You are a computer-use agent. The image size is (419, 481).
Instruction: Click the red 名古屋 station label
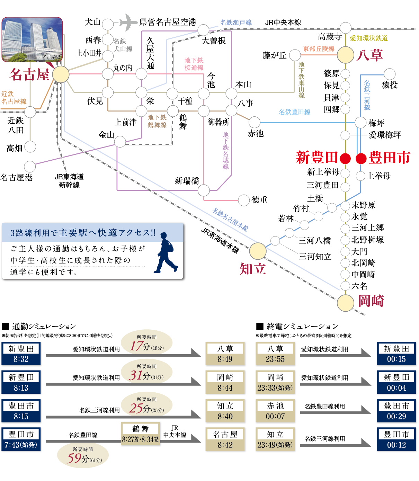pyautogui.click(x=29, y=74)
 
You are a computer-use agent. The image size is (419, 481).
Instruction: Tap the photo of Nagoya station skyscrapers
pyautogui.click(x=32, y=40)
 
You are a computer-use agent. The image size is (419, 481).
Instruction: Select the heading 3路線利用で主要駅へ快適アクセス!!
pyautogui.click(x=83, y=233)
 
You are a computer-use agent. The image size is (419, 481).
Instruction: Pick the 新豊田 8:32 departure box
pyautogui.click(x=21, y=354)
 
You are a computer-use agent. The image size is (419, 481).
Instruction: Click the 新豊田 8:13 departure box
pyautogui.click(x=21, y=382)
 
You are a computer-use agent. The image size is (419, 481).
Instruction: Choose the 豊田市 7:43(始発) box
pyautogui.click(x=21, y=439)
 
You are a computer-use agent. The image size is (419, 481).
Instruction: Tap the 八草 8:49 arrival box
pyautogui.click(x=225, y=354)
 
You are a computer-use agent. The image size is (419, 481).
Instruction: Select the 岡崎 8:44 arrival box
pyautogui.click(x=225, y=382)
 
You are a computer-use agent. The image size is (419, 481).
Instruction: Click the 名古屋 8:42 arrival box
pyautogui.click(x=225, y=439)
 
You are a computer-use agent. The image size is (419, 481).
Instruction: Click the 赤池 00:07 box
pyautogui.click(x=275, y=411)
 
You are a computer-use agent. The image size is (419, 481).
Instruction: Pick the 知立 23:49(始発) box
pyautogui.click(x=275, y=439)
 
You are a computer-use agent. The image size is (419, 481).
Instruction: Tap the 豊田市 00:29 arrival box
pyautogui.click(x=396, y=411)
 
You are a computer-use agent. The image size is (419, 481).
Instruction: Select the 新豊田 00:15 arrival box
pyautogui.click(x=396, y=354)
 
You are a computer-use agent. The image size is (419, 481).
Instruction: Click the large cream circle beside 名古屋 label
pyautogui.click(x=61, y=75)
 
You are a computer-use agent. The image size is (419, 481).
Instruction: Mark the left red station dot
pyautogui.click(x=345, y=159)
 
